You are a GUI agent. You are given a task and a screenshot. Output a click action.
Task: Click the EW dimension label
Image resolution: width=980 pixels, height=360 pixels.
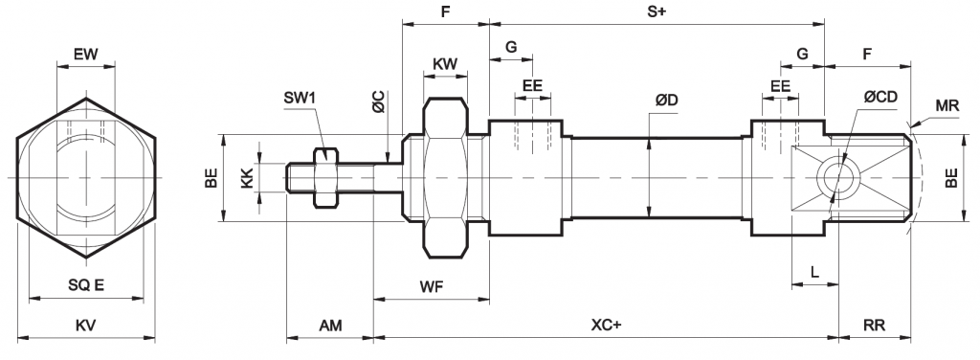click(85, 54)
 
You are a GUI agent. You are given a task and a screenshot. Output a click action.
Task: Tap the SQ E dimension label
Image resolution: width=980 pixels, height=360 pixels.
click(86, 285)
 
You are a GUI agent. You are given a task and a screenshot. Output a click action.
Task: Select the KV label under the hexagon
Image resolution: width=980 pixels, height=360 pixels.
click(85, 326)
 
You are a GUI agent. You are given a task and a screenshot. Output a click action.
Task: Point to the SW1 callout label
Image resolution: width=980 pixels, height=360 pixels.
click(301, 98)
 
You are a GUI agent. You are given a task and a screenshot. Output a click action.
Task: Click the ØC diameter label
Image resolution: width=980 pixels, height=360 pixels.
click(378, 101)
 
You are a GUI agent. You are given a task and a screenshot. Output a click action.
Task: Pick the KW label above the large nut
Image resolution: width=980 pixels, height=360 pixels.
click(445, 64)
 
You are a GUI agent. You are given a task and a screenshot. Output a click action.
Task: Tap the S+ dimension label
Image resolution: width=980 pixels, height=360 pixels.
click(657, 11)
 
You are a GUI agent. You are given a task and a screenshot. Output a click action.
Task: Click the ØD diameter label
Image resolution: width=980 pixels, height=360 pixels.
click(667, 100)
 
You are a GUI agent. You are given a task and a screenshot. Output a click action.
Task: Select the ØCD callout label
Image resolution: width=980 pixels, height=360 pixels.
click(880, 97)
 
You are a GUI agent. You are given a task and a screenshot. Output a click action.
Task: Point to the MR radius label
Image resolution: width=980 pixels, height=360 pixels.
click(947, 105)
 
